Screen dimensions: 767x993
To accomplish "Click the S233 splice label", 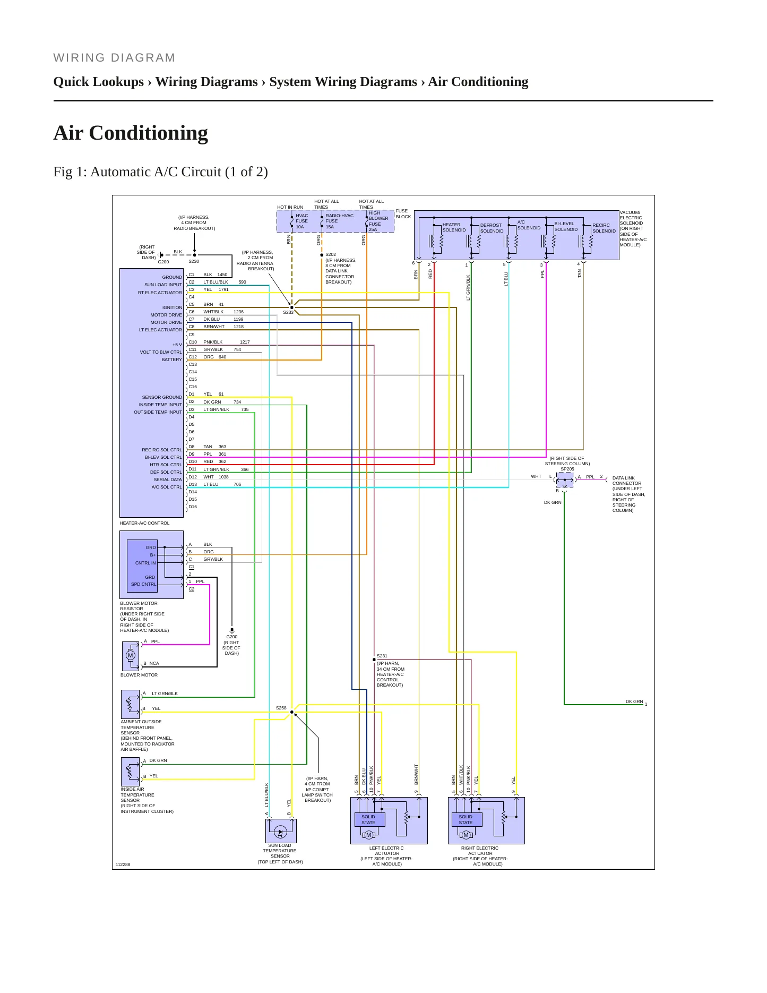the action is pos(288,312).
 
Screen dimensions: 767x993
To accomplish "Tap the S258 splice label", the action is pos(281,708).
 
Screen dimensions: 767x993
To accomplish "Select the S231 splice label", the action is pos(382,656).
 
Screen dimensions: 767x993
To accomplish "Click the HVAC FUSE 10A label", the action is pos(301,221).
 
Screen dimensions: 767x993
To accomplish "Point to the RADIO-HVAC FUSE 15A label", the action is pos(339,221).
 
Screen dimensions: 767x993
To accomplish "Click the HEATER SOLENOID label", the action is pos(454,227).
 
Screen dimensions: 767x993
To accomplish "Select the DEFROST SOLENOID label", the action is pos(492,228).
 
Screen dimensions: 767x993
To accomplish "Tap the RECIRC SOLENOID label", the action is pos(604,228).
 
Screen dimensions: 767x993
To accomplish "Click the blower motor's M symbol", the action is pos(131,655).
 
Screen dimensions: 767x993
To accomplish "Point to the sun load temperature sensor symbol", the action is pos(281,831).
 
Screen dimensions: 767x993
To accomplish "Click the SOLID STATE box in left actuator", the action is pos(368,820).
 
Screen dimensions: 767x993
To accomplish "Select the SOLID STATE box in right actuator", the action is pos(466,820).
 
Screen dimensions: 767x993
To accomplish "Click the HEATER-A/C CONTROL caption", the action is pos(144,523).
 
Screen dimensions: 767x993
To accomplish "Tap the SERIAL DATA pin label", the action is pos(168,480).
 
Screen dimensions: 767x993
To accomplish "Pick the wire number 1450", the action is pos(222,275).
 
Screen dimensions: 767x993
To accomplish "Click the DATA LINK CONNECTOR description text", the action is pos(628,494).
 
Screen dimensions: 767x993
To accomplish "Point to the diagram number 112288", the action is pos(123,864).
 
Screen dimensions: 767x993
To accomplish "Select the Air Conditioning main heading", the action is pos(131,133).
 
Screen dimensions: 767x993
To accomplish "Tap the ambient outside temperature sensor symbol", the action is pos(131,704).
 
